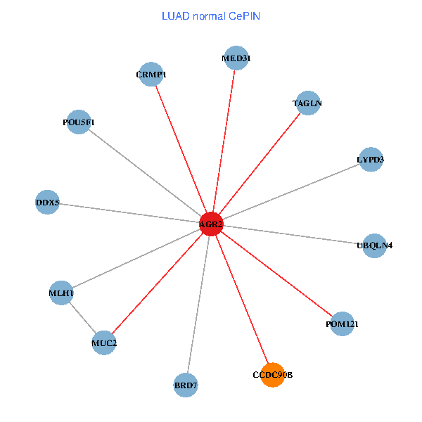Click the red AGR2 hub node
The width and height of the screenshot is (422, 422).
(x=211, y=224)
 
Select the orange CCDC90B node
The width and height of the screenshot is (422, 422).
(x=271, y=375)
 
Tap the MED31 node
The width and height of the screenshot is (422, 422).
(x=236, y=58)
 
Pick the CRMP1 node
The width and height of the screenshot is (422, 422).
(x=151, y=74)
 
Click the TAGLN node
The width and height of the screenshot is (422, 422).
(x=307, y=103)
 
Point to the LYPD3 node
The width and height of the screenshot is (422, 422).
(x=371, y=160)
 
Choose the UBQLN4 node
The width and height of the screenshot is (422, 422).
(x=375, y=245)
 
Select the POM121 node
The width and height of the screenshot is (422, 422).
(x=343, y=324)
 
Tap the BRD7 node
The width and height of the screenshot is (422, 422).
(x=186, y=385)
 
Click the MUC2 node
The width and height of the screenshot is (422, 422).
(x=104, y=343)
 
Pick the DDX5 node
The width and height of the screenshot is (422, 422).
(x=47, y=203)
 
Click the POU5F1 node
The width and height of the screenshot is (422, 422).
(x=79, y=122)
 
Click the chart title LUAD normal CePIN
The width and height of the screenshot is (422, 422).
(x=211, y=15)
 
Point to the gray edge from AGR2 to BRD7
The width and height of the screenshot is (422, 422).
(x=198, y=305)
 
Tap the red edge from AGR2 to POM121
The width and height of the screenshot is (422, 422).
(x=277, y=274)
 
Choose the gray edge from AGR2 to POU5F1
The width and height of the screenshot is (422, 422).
(x=145, y=173)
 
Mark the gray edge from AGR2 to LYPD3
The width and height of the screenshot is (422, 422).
(x=291, y=192)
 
